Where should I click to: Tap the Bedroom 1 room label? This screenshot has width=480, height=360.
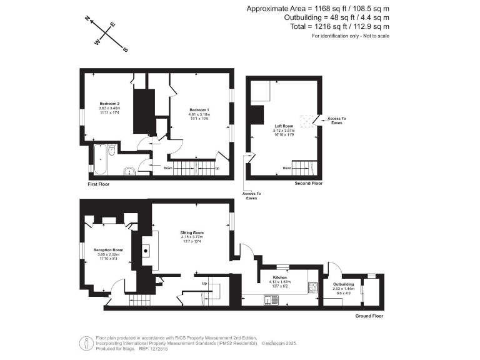click(199, 111)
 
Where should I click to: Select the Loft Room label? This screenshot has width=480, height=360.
click(284, 126)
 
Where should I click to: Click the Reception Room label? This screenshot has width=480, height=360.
click(109, 250)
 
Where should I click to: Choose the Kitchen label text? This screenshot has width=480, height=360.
click(279, 276)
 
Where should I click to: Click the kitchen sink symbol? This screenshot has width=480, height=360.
click(274, 299)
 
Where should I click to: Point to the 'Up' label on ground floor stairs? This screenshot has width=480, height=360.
click(204, 283)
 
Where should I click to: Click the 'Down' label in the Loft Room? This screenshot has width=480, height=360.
click(286, 167)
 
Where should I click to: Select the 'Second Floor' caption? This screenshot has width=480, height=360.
click(309, 184)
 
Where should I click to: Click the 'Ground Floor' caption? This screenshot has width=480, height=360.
click(368, 316)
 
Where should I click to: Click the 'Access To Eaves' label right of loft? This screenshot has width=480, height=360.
click(337, 120)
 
